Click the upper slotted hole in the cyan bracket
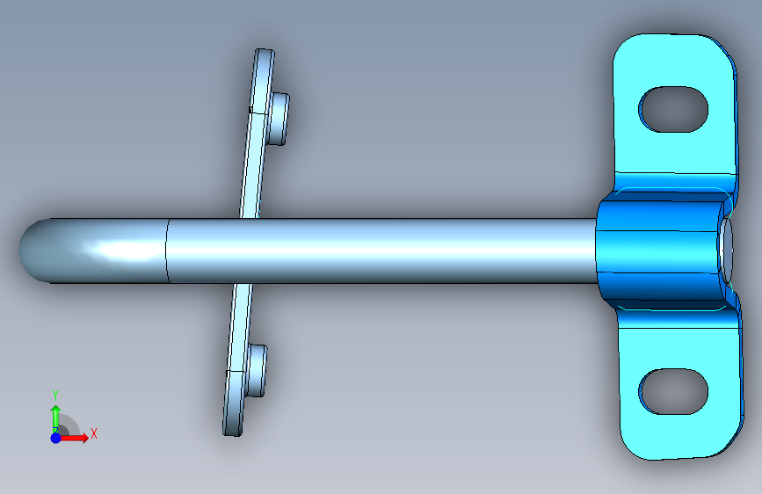click(673, 109)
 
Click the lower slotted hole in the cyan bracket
click(673, 391)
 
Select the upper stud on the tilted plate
click(279, 119)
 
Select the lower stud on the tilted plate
click(257, 371)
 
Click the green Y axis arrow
click(55, 418)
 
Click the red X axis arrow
click(73, 438)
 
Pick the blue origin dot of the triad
click(56, 438)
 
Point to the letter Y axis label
click(55, 396)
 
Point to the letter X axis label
click(94, 433)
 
